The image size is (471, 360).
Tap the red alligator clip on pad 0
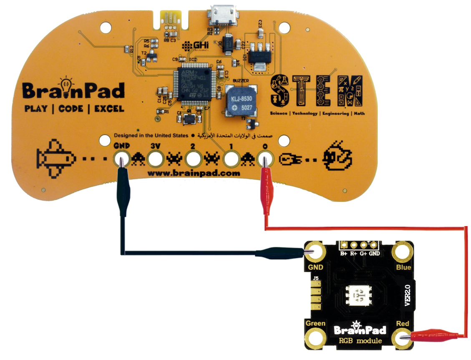tap(265, 184)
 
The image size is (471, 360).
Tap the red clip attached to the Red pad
tap(430, 335)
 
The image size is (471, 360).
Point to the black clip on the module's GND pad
tap(284, 252)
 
